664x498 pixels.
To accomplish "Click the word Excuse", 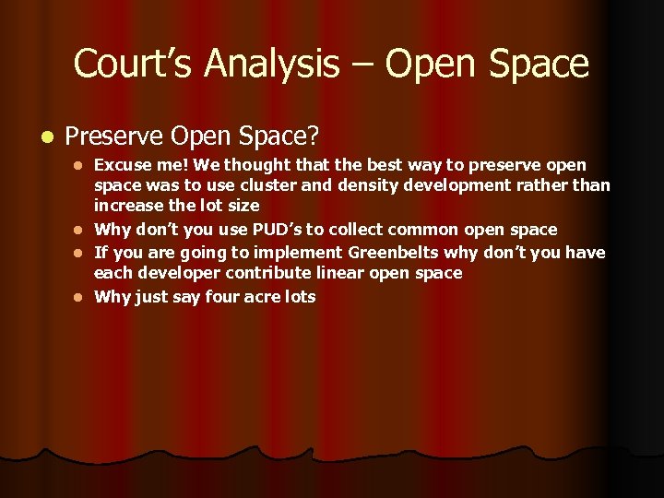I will click(125, 165).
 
